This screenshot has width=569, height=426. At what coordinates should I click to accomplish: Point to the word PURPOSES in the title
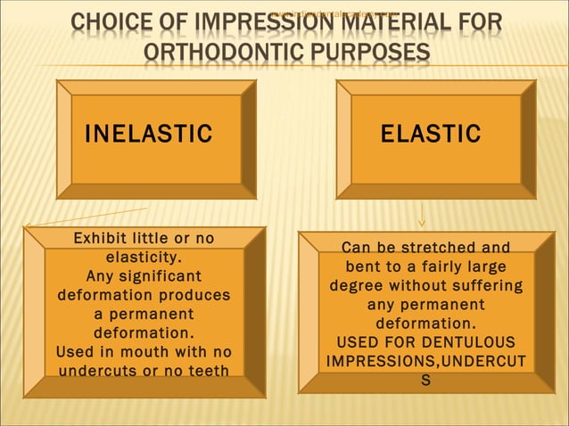click(x=371, y=53)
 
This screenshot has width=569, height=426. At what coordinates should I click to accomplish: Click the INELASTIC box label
click(x=148, y=135)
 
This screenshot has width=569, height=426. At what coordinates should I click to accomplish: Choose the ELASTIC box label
click(x=431, y=135)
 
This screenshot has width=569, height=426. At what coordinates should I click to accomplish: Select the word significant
click(x=157, y=276)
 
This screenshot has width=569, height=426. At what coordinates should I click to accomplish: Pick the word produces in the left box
click(x=194, y=295)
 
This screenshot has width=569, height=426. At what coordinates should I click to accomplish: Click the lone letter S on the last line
click(x=425, y=381)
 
